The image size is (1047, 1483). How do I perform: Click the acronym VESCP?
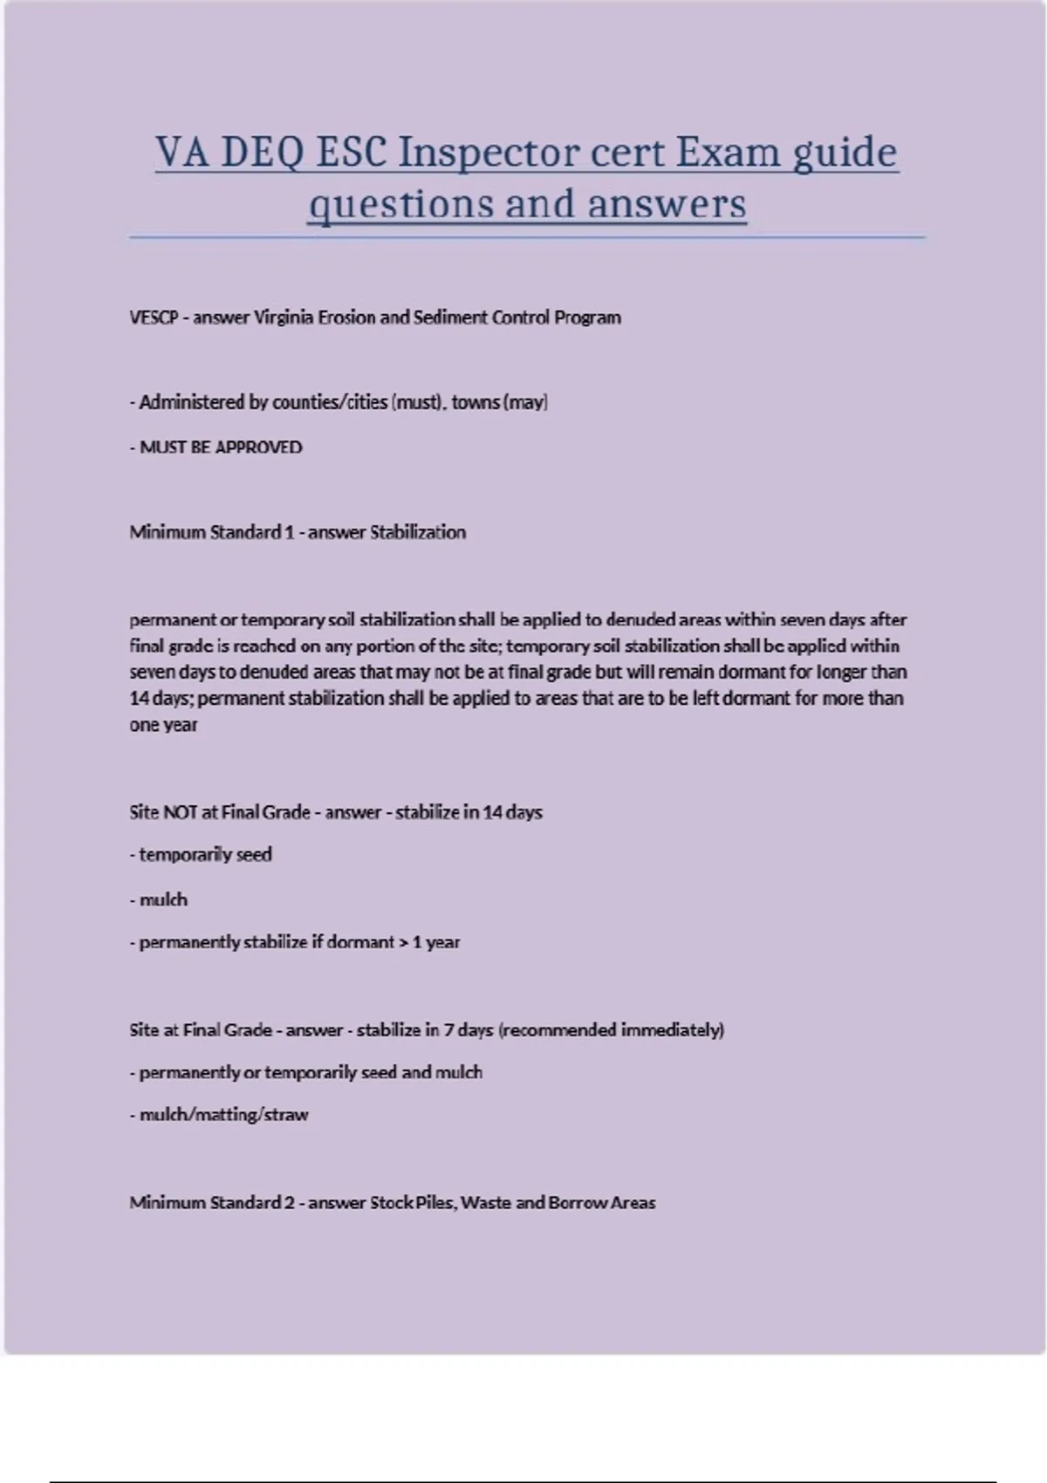click(x=154, y=318)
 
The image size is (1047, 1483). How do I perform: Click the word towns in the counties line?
click(x=476, y=402)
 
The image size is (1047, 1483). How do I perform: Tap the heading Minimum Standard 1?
click(x=212, y=532)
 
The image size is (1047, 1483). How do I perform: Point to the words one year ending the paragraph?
click(x=163, y=725)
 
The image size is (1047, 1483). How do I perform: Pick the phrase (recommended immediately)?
click(x=612, y=1030)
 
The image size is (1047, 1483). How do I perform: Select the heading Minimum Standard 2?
click(x=212, y=1203)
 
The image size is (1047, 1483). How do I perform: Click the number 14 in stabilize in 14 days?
click(x=493, y=812)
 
